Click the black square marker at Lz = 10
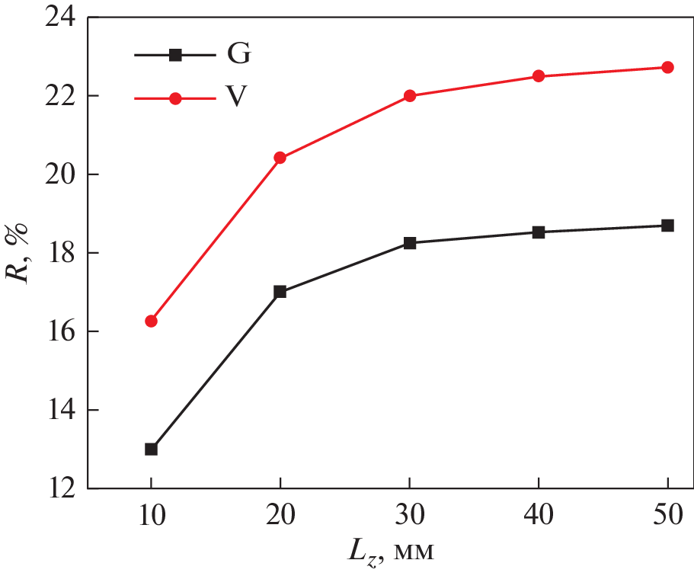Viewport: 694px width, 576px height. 151,449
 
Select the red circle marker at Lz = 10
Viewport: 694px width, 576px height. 151,321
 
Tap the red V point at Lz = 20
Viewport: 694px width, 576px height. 280,158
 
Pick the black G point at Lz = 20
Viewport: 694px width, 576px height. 280,292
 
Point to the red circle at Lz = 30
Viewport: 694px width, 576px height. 410,96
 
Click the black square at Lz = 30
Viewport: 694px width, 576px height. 410,243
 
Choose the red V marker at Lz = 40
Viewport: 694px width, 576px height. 539,76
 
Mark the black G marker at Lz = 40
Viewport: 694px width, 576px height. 539,232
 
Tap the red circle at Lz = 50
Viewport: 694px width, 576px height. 667,67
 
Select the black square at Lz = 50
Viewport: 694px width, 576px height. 667,226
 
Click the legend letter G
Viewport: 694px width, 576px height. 238,54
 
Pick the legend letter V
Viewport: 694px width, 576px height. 238,98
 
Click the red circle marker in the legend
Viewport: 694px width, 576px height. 175,98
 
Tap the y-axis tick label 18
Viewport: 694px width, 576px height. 62,253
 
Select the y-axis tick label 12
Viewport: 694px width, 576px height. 62,488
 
